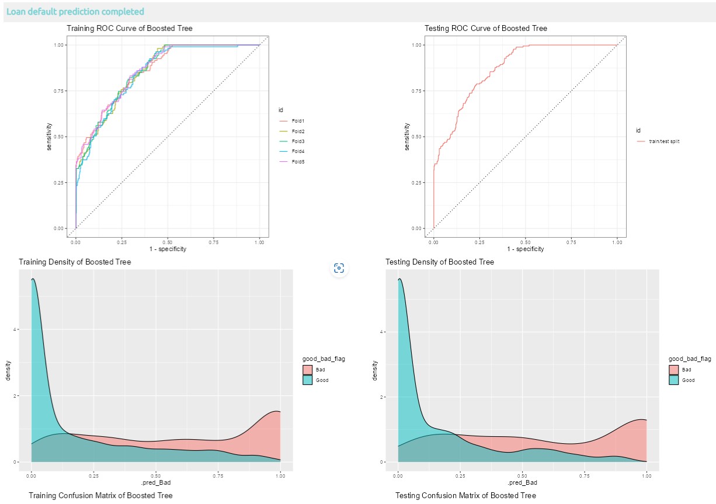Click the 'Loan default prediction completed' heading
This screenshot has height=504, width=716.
[75, 12]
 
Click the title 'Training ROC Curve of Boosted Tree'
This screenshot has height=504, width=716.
[129, 28]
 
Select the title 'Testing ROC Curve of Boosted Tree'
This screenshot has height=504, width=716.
[485, 28]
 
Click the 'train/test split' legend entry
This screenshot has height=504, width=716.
[663, 141]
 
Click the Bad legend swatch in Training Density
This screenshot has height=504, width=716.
[307, 370]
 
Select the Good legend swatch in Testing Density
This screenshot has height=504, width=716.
[674, 380]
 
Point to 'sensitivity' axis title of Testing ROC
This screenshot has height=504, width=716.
[408, 137]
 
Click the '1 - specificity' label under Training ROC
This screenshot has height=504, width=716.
[168, 249]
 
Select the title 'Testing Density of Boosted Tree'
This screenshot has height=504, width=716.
[439, 262]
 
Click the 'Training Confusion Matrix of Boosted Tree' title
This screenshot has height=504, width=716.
[100, 495]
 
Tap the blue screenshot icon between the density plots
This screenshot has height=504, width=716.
[339, 268]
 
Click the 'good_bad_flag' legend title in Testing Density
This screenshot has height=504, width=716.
[690, 359]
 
